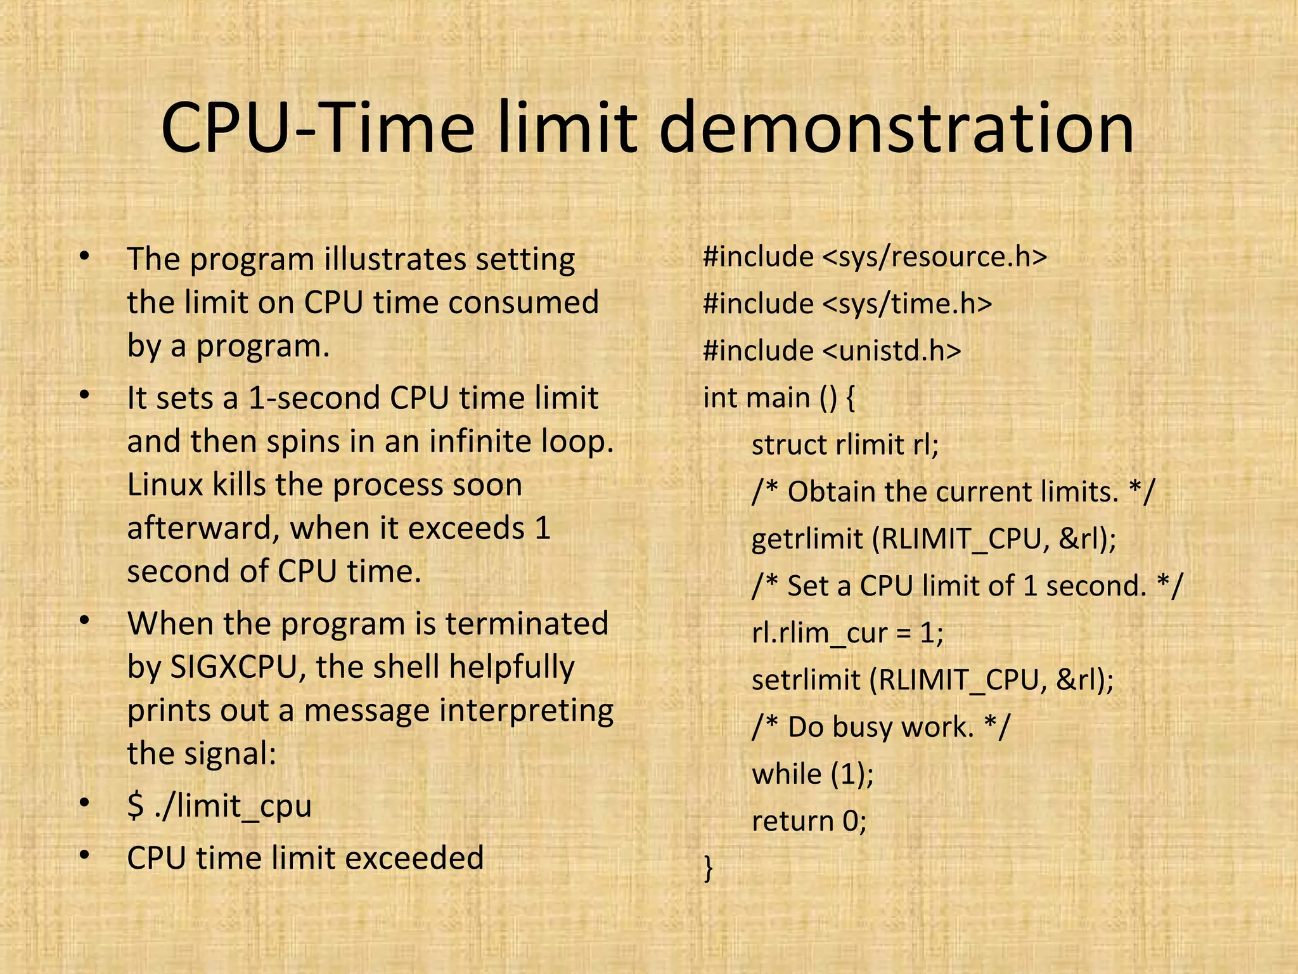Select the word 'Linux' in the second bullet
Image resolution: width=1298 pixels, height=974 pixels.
click(x=164, y=485)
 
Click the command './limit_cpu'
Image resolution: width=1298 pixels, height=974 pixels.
click(x=233, y=806)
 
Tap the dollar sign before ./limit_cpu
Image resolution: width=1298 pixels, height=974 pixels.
click(x=136, y=806)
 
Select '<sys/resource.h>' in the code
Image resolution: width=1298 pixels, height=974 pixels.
click(x=935, y=257)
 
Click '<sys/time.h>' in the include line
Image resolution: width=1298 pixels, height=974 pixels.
click(x=907, y=304)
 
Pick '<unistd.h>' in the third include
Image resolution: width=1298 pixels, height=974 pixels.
click(x=892, y=351)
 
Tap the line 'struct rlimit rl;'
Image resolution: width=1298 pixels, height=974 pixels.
click(x=845, y=445)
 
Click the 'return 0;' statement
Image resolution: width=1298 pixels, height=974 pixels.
click(x=809, y=821)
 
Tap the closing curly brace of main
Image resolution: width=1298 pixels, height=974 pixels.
click(x=709, y=867)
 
